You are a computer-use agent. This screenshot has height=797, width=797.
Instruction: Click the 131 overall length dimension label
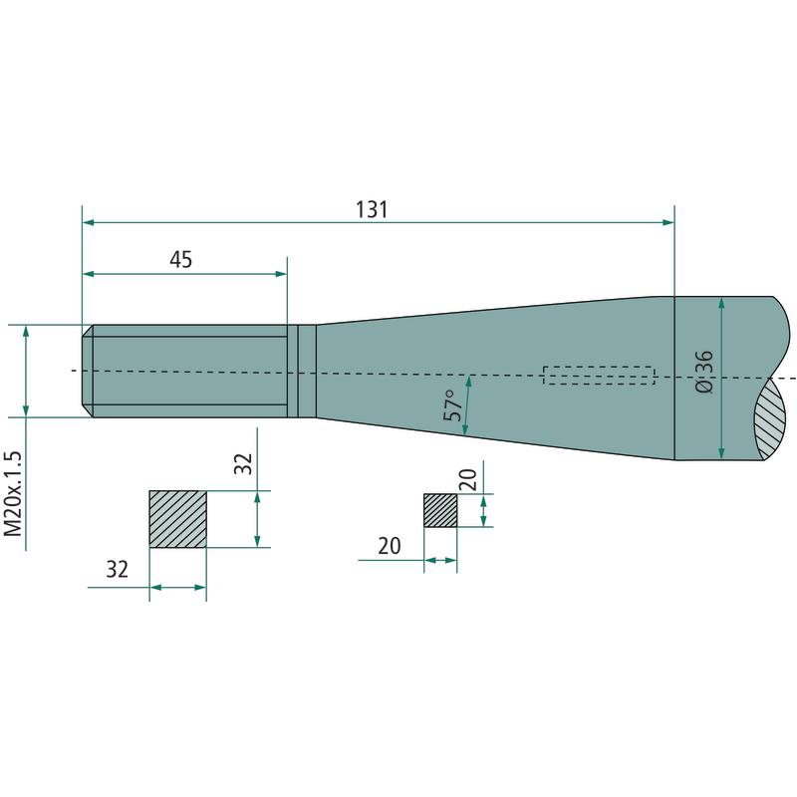click(372, 209)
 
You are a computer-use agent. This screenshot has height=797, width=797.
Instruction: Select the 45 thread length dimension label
click(181, 260)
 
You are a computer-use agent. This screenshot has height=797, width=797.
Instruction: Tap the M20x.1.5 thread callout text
click(14, 493)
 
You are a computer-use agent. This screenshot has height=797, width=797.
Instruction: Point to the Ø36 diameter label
click(704, 372)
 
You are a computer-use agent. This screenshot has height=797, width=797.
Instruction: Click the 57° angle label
click(453, 405)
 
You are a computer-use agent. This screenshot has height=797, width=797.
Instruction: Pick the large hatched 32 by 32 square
click(178, 519)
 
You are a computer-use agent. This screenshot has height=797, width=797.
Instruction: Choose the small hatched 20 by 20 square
click(440, 510)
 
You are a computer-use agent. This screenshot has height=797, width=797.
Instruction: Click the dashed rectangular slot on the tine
click(599, 376)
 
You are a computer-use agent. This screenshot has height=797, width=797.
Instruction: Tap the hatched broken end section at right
click(770, 419)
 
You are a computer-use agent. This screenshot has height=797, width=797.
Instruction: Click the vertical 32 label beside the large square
click(243, 463)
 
